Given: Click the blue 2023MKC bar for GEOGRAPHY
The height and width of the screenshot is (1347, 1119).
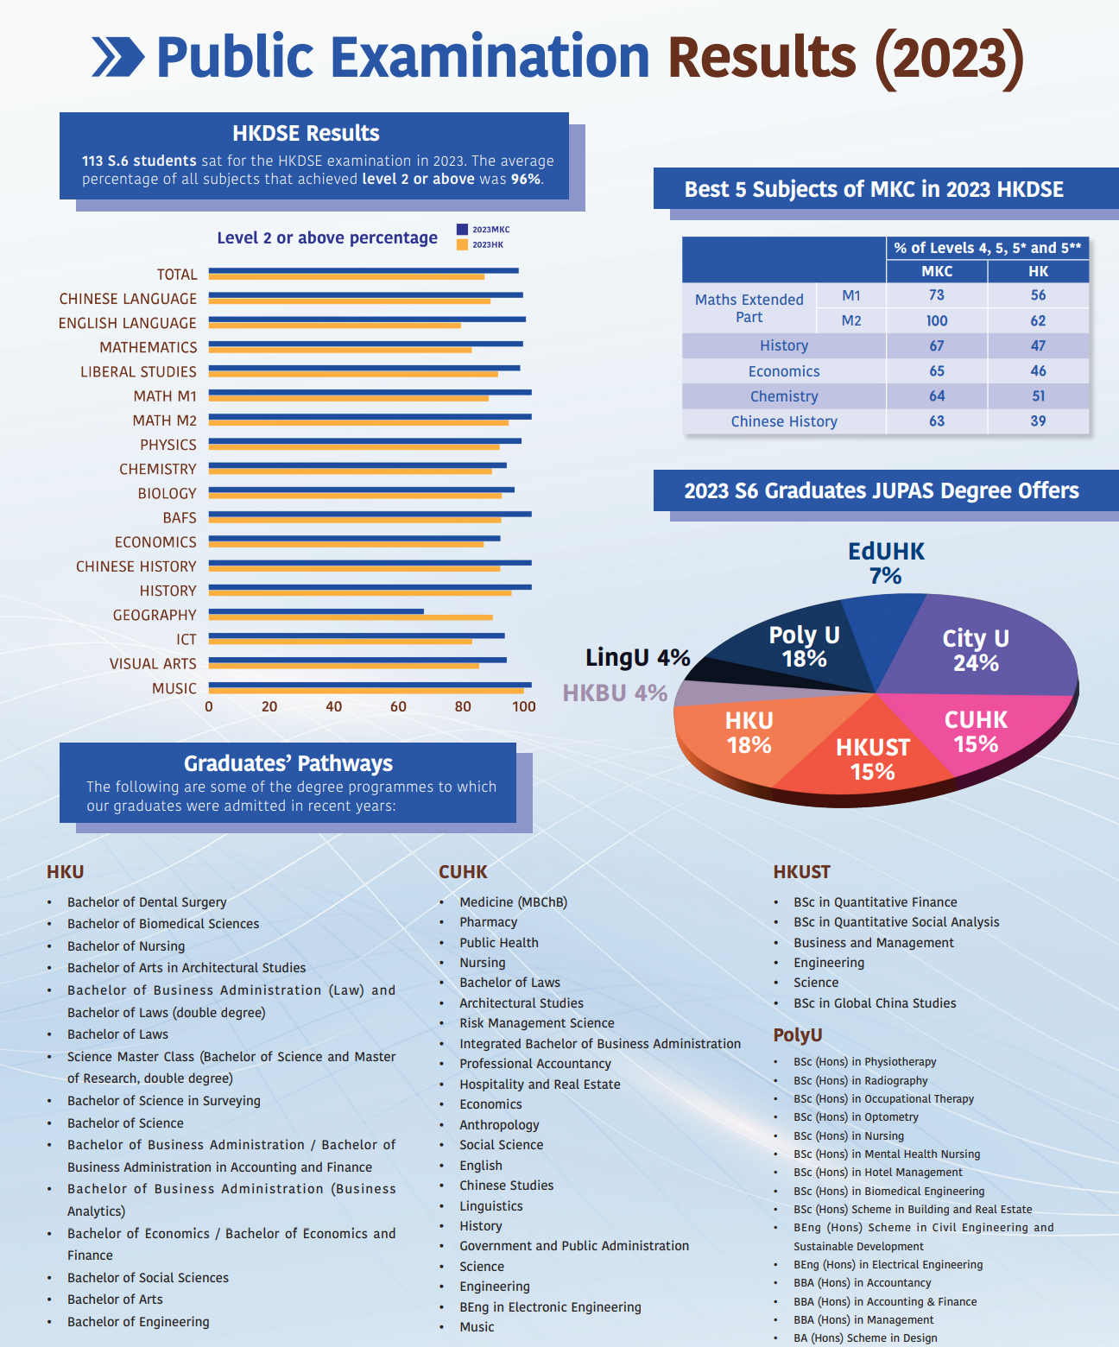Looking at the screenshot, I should coord(316,611).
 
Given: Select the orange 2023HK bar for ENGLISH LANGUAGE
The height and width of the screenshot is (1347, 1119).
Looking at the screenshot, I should coord(335,326).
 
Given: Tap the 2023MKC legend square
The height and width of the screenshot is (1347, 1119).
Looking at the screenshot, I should coord(462,230).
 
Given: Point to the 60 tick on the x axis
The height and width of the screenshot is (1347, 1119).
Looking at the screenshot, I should coord(398,706).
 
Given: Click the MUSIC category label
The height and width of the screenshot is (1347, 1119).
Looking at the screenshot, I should coord(174,688).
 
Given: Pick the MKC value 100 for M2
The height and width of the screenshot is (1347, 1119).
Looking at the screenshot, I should coord(937,320).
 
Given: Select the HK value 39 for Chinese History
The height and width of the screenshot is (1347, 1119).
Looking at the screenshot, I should coord(1038,421).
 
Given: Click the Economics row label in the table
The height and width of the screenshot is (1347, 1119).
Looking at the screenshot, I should coord(784,371).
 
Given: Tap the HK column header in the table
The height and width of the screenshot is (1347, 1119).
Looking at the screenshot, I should coord(1038,271).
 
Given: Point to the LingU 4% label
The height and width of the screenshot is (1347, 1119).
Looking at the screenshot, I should coord(637,658).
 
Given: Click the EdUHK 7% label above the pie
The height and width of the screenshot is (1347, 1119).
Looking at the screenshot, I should coord(886,563).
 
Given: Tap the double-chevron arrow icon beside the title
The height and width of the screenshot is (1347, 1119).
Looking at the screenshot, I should coord(118,57).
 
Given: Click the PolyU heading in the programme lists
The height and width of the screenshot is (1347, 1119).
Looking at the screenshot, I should coord(798,1034).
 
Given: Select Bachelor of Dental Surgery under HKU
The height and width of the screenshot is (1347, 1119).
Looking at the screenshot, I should coord(147,902).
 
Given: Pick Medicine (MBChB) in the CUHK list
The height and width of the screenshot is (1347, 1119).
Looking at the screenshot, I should coord(513,902).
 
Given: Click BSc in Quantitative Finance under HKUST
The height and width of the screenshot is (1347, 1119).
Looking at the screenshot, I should coord(875,902).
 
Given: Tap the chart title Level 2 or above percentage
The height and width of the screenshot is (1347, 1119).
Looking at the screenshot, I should coord(327,237).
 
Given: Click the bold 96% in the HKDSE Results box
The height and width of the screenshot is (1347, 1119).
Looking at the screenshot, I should coord(526,179).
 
